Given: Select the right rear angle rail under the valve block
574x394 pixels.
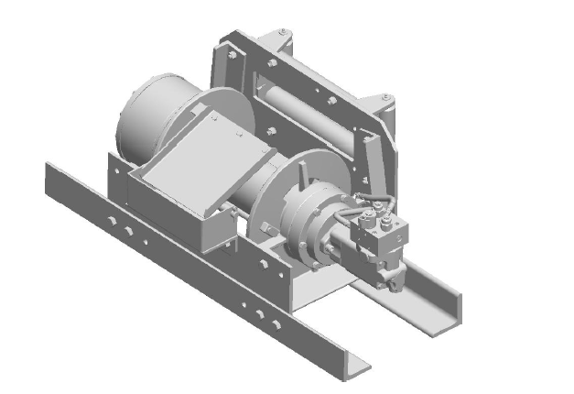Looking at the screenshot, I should click(430, 293).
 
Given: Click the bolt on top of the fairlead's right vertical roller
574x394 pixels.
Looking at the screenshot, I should click(389, 97).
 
